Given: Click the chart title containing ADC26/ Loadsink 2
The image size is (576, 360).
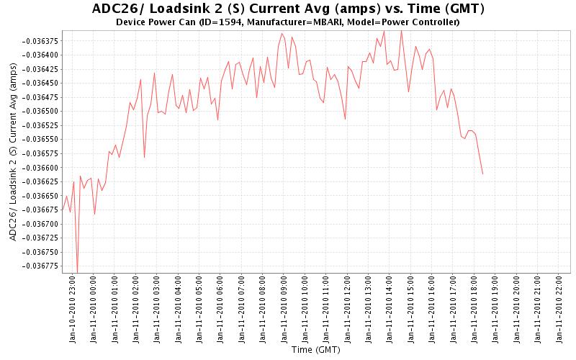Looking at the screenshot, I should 288,9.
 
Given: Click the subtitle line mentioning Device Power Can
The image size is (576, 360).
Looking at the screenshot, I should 288,22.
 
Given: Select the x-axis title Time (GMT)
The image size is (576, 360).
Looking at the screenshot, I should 316,350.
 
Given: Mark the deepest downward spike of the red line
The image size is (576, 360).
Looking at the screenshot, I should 77,272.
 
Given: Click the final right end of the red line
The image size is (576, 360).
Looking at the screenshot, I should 482,174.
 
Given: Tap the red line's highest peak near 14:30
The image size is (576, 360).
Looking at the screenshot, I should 401,31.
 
